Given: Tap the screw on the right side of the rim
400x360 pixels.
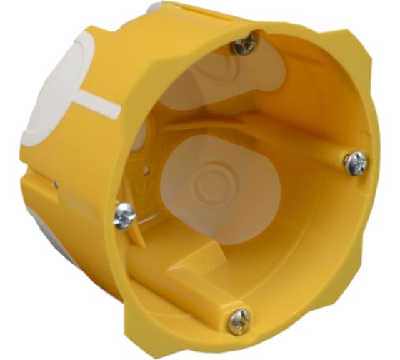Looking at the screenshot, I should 355,163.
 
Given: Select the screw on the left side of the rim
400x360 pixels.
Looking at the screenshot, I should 124,214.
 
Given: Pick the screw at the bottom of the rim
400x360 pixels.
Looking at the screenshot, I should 239,321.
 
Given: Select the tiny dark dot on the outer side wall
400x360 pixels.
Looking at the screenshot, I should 55,184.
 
